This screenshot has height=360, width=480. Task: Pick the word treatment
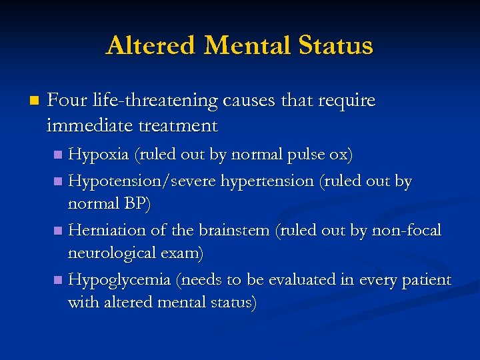coord(181,125)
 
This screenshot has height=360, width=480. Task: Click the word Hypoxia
coord(99,155)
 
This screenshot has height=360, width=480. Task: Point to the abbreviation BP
coord(136,204)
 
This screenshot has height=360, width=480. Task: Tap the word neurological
coord(113,253)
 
